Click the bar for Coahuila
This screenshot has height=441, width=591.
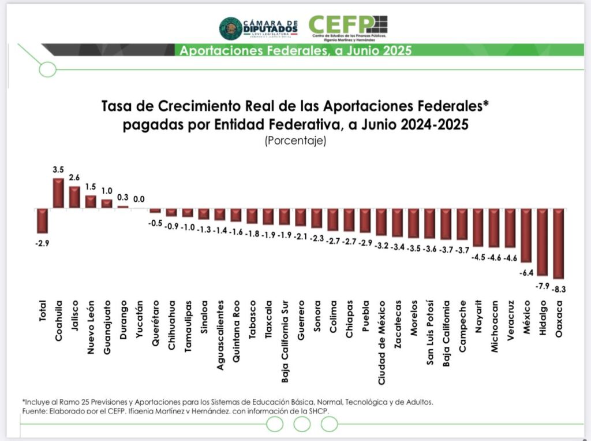point(58,193)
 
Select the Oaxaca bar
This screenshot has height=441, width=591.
point(559,243)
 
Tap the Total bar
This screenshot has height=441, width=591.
point(42,220)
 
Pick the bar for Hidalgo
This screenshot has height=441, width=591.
point(543,242)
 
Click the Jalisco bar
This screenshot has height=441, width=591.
point(74,197)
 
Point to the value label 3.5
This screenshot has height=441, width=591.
point(58,171)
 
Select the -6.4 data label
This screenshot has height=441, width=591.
point(526,272)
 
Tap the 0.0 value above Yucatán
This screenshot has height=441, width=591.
point(139,199)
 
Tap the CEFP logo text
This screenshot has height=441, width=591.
point(341,24)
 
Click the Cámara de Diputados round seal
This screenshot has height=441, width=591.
point(231,28)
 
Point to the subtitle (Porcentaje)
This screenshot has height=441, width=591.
point(295,140)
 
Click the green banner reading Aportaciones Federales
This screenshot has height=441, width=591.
point(295,50)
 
